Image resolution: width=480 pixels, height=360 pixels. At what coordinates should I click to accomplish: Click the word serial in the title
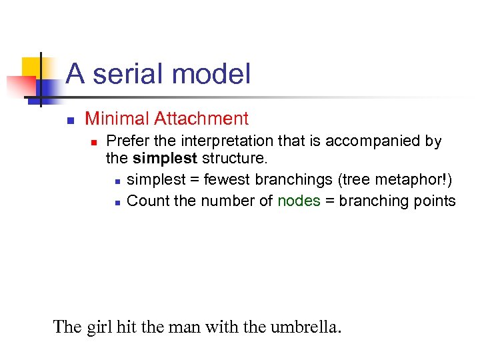tap(124, 74)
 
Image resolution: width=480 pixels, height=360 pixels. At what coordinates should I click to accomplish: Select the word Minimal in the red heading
tap(117, 119)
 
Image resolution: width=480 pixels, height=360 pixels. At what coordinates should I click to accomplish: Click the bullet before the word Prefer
tap(95, 142)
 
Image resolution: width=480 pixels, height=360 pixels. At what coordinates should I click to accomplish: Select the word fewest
tap(225, 180)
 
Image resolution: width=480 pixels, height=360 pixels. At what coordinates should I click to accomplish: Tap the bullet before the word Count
tap(117, 202)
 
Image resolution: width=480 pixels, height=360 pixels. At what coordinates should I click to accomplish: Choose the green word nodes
tap(299, 201)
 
